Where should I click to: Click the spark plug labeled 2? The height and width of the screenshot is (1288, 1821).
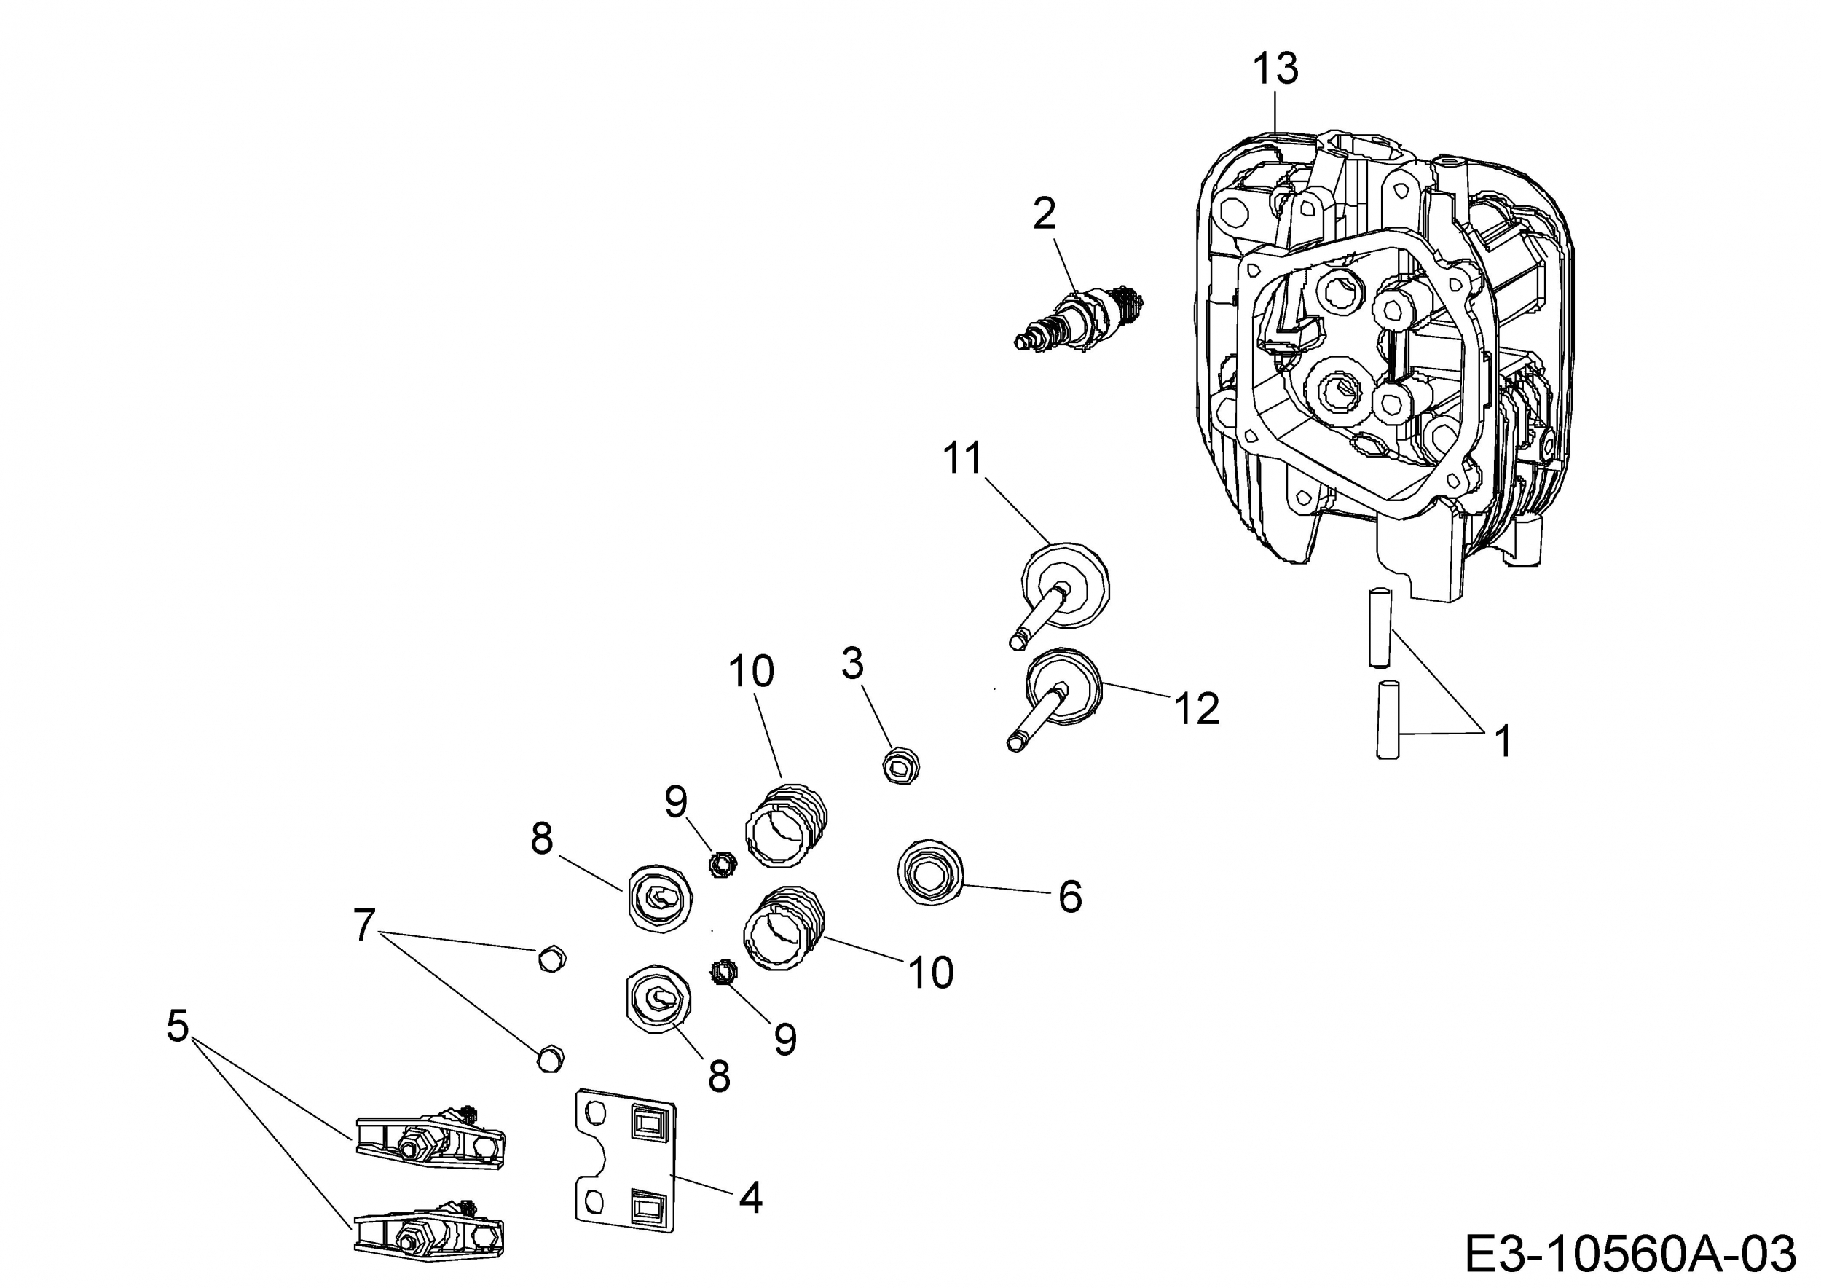pyautogui.click(x=1079, y=320)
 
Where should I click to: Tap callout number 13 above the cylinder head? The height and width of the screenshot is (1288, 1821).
pyautogui.click(x=1275, y=69)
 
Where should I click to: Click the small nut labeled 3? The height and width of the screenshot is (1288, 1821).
pyautogui.click(x=901, y=766)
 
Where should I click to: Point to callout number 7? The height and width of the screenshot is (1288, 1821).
pyautogui.click(x=364, y=924)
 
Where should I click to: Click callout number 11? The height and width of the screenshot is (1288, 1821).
pyautogui.click(x=963, y=458)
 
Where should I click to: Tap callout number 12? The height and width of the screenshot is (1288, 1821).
pyautogui.click(x=1196, y=707)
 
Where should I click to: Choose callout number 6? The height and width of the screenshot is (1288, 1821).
pyautogui.click(x=1070, y=897)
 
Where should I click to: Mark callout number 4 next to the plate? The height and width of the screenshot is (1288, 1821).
pyautogui.click(x=750, y=1198)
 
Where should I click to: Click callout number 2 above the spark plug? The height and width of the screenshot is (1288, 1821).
pyautogui.click(x=1045, y=214)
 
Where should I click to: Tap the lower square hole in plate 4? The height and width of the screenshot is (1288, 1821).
pyautogui.click(x=644, y=1208)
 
